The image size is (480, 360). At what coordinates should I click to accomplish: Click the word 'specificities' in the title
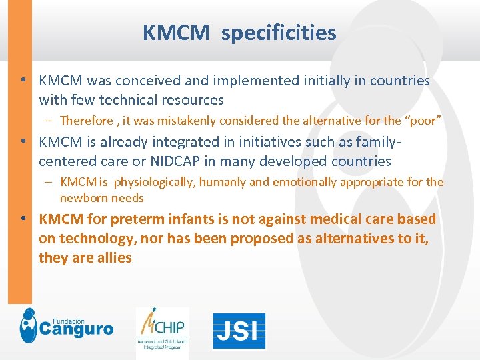pyautogui.click(x=279, y=32)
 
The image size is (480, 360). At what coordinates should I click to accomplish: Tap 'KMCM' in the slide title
pyautogui.click(x=175, y=32)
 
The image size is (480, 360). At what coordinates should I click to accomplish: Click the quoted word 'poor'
pyautogui.click(x=423, y=121)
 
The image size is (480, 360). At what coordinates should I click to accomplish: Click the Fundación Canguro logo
pyautogui.click(x=67, y=327)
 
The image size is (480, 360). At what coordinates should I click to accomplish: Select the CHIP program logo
pyautogui.click(x=163, y=330)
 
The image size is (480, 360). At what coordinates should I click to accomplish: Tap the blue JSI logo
pyautogui.click(x=239, y=331)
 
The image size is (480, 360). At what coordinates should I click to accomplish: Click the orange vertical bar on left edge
pyautogui.click(x=19, y=153)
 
